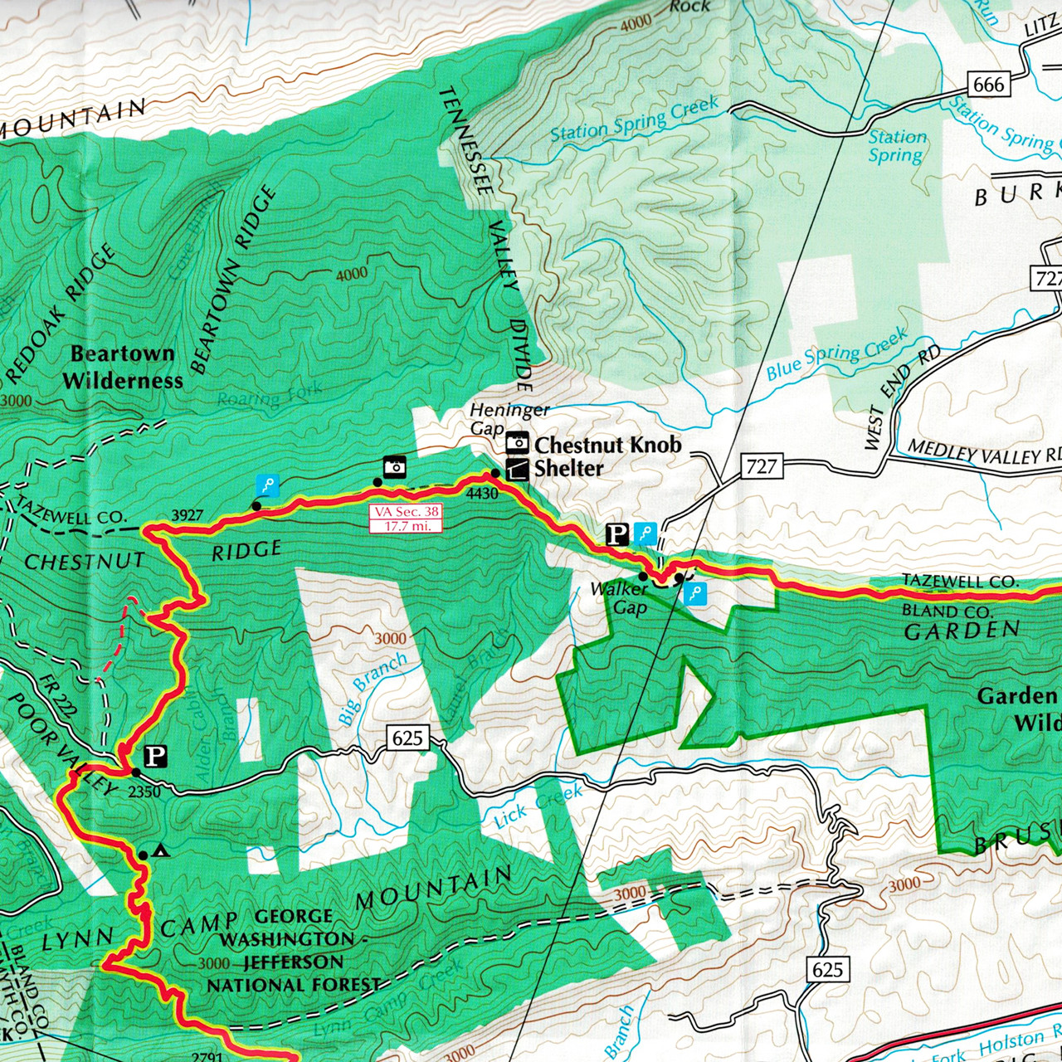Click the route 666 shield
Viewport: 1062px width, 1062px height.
tap(988, 84)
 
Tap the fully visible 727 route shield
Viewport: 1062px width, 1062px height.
tap(761, 466)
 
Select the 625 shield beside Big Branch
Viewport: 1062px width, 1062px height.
tap(407, 738)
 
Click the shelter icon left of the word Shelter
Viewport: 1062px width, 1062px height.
tap(517, 470)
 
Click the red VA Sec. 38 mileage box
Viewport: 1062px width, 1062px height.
tap(407, 519)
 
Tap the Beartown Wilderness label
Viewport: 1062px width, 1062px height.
tap(123, 367)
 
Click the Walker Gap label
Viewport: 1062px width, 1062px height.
tap(621, 598)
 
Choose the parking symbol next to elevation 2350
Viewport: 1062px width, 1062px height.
tap(156, 756)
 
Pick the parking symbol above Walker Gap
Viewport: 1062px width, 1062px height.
tap(616, 534)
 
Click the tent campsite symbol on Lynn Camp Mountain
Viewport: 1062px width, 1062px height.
tap(161, 850)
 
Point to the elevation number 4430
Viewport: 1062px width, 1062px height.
tap(482, 494)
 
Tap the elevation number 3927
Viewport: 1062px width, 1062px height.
tap(187, 515)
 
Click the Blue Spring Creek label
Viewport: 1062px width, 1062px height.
tap(836, 355)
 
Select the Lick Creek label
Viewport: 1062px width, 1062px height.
tap(538, 806)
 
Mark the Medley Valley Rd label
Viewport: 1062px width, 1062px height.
tap(984, 453)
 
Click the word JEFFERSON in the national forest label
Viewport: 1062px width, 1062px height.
tap(293, 962)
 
